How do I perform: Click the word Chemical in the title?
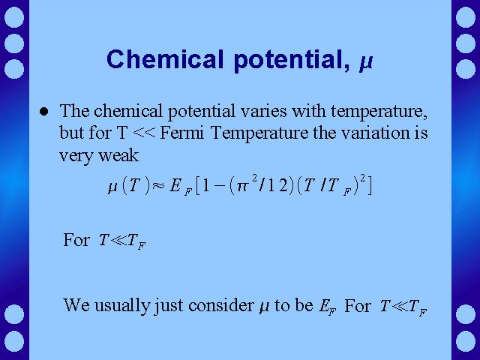pyautogui.click(x=165, y=59)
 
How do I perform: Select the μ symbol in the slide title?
pyautogui.click(x=366, y=62)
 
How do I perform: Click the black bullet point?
pyautogui.click(x=44, y=112)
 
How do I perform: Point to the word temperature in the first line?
pyautogui.click(x=379, y=112)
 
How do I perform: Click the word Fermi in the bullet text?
pyautogui.click(x=181, y=133)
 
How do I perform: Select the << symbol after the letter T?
pyautogui.click(x=144, y=133)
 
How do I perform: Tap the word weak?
pyautogui.click(x=118, y=155)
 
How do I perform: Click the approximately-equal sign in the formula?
pyautogui.click(x=158, y=185)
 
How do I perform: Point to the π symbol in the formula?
pyautogui.click(x=241, y=186)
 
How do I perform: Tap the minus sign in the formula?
pyautogui.click(x=220, y=186)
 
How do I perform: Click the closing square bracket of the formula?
pyautogui.click(x=369, y=186)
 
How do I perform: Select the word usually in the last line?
pyautogui.click(x=121, y=306)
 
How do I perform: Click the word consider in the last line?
pyautogui.click(x=220, y=305)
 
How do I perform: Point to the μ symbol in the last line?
pyautogui.click(x=264, y=307)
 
